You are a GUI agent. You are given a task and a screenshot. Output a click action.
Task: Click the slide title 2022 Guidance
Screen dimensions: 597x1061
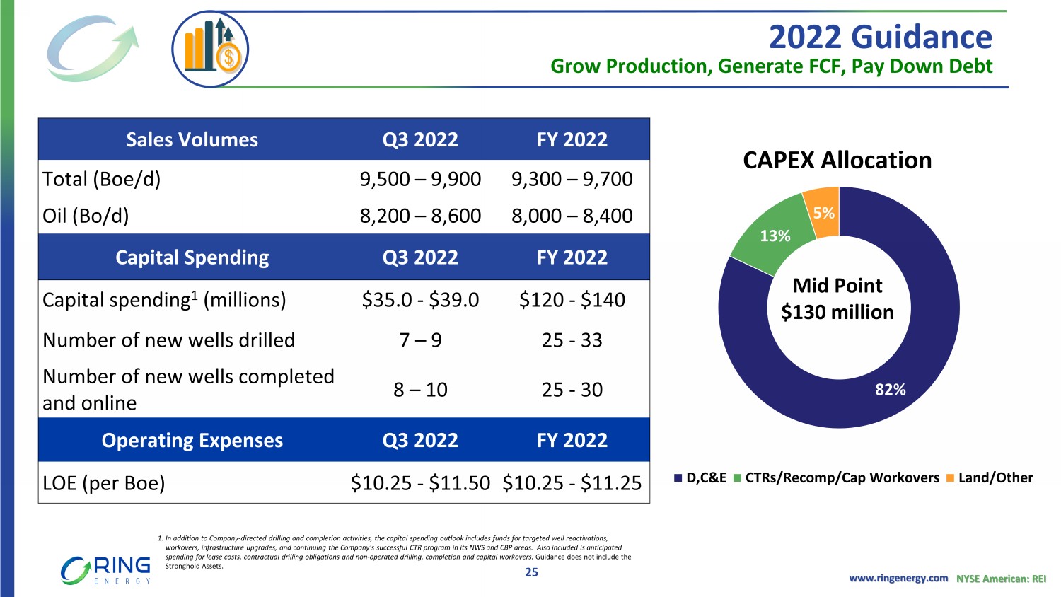(880, 37)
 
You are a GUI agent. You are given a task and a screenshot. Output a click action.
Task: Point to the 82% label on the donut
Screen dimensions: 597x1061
(890, 390)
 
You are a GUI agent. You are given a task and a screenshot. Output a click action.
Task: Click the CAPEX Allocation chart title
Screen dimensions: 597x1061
(837, 161)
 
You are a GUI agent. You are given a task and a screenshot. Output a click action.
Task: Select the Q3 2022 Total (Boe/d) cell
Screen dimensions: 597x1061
(420, 180)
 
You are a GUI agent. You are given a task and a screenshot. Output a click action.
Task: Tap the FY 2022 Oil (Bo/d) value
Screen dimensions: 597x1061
(572, 216)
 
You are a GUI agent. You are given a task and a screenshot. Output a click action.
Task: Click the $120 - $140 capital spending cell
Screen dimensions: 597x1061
(572, 300)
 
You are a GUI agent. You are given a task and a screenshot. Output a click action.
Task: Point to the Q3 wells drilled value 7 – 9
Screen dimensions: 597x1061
(420, 341)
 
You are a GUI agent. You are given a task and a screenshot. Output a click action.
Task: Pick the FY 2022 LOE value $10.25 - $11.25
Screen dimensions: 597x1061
(572, 483)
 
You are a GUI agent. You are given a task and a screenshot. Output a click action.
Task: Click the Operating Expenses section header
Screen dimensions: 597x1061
(192, 441)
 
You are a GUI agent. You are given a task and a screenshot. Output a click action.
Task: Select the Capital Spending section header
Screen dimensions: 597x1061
(192, 257)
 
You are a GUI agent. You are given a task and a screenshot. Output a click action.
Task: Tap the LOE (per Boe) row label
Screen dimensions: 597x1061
(104, 483)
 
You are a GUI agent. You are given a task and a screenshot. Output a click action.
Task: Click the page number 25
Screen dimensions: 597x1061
(531, 572)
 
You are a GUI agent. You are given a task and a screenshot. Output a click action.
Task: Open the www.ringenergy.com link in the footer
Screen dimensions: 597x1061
(898, 579)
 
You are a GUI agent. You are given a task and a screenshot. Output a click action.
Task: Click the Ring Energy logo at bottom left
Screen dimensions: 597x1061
(106, 570)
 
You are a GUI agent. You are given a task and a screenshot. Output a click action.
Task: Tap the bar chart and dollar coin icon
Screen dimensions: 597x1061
(210, 50)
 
